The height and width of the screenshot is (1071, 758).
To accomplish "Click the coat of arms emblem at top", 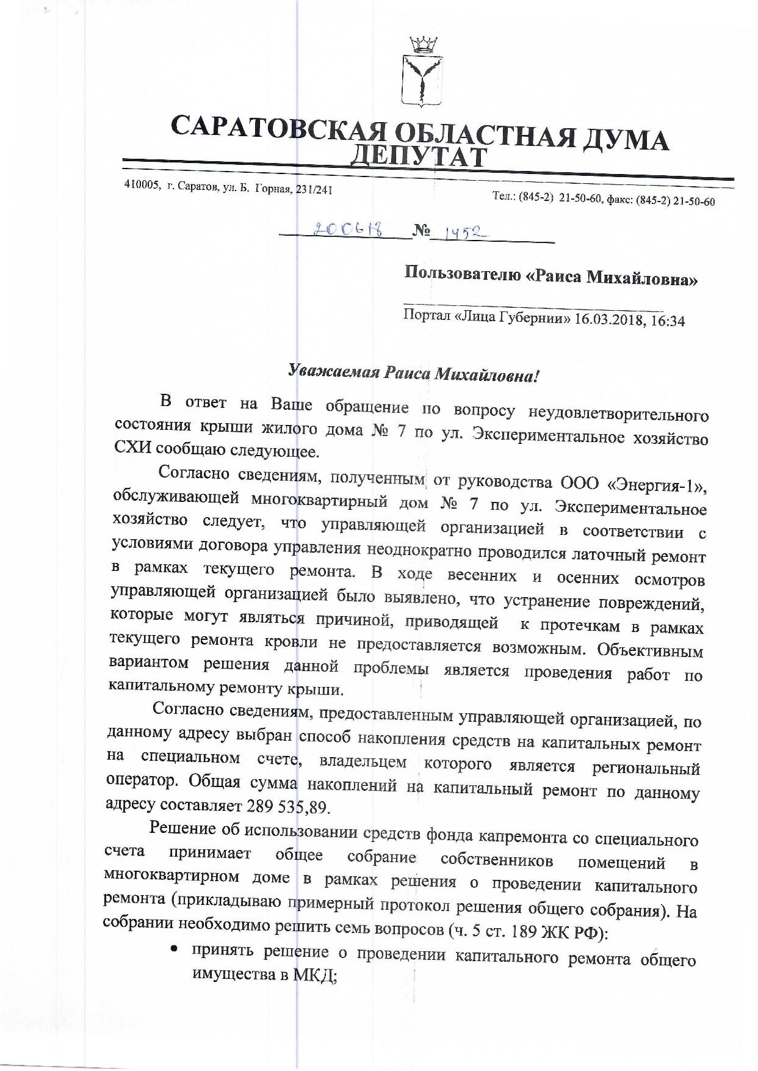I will [420, 73].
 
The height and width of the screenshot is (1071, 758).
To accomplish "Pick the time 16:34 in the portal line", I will [668, 320].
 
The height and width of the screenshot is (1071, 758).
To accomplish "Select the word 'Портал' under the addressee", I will [427, 316].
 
